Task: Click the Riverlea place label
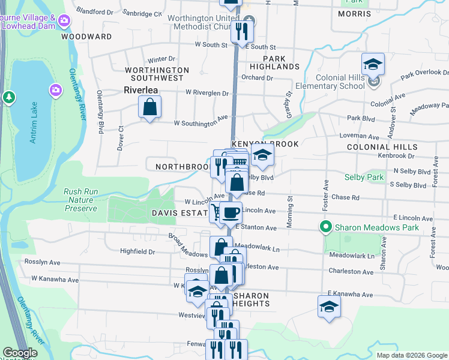pyautogui.click(x=140, y=90)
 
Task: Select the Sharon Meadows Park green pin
pyautogui.click(x=326, y=227)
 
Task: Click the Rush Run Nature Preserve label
pyautogui.click(x=80, y=200)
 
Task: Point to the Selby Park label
pyautogui.click(x=364, y=178)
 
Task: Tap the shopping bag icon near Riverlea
pyautogui.click(x=149, y=108)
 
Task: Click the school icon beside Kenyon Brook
pyautogui.click(x=262, y=155)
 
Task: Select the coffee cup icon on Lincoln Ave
pyautogui.click(x=231, y=212)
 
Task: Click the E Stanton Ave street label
pyautogui.click(x=256, y=228)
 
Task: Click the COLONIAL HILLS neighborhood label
pyautogui.click(x=382, y=147)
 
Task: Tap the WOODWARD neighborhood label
pyautogui.click(x=86, y=37)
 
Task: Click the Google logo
pyautogui.click(x=20, y=353)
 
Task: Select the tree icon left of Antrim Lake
pyautogui.click(x=8, y=97)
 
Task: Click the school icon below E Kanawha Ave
pyautogui.click(x=328, y=307)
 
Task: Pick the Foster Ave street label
pyautogui.click(x=326, y=195)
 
